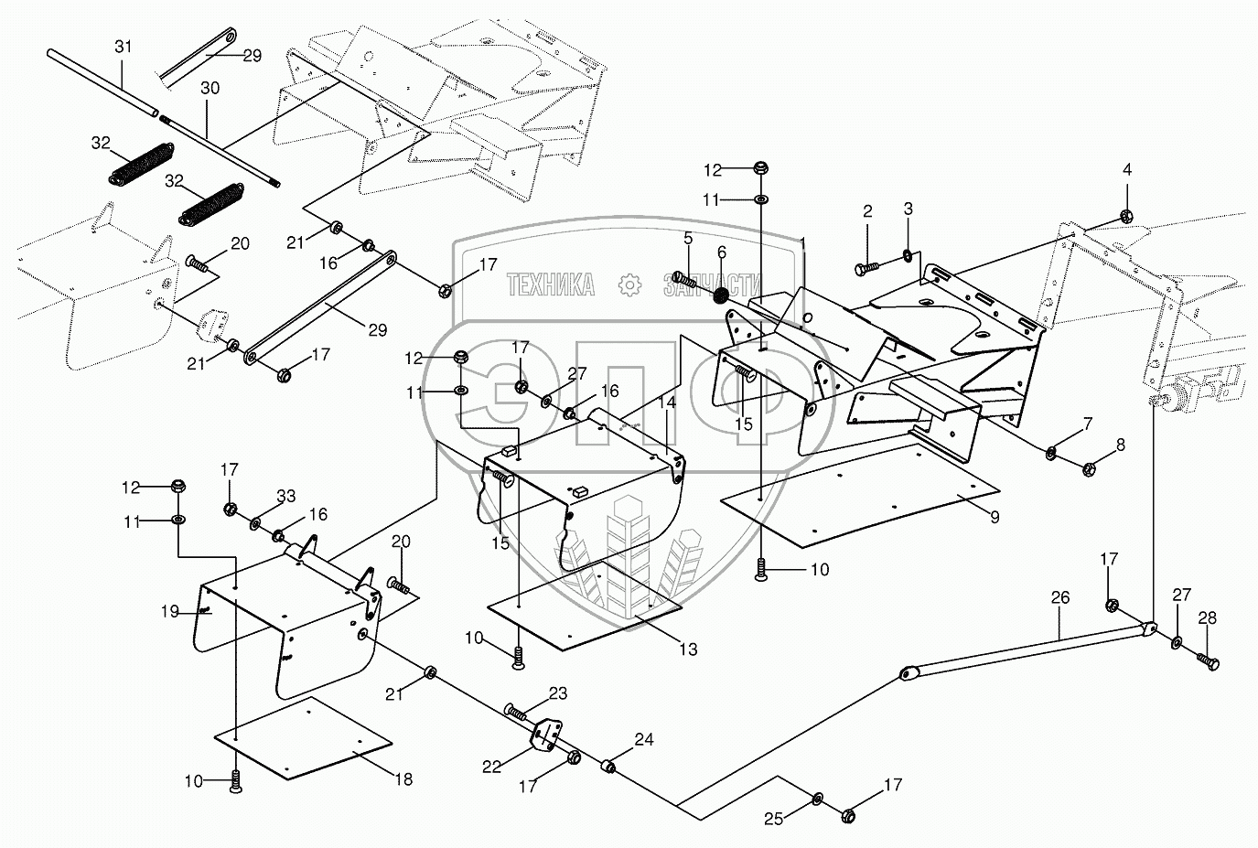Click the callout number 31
point(124,47)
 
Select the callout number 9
point(994,516)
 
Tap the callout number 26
point(1059,599)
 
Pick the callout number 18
point(403,779)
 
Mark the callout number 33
point(286,497)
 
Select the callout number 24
point(644,739)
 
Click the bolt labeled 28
point(1207,660)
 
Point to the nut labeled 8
point(1090,470)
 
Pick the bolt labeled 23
point(519,712)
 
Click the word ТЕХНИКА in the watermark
point(550,284)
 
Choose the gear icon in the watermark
point(629,284)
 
